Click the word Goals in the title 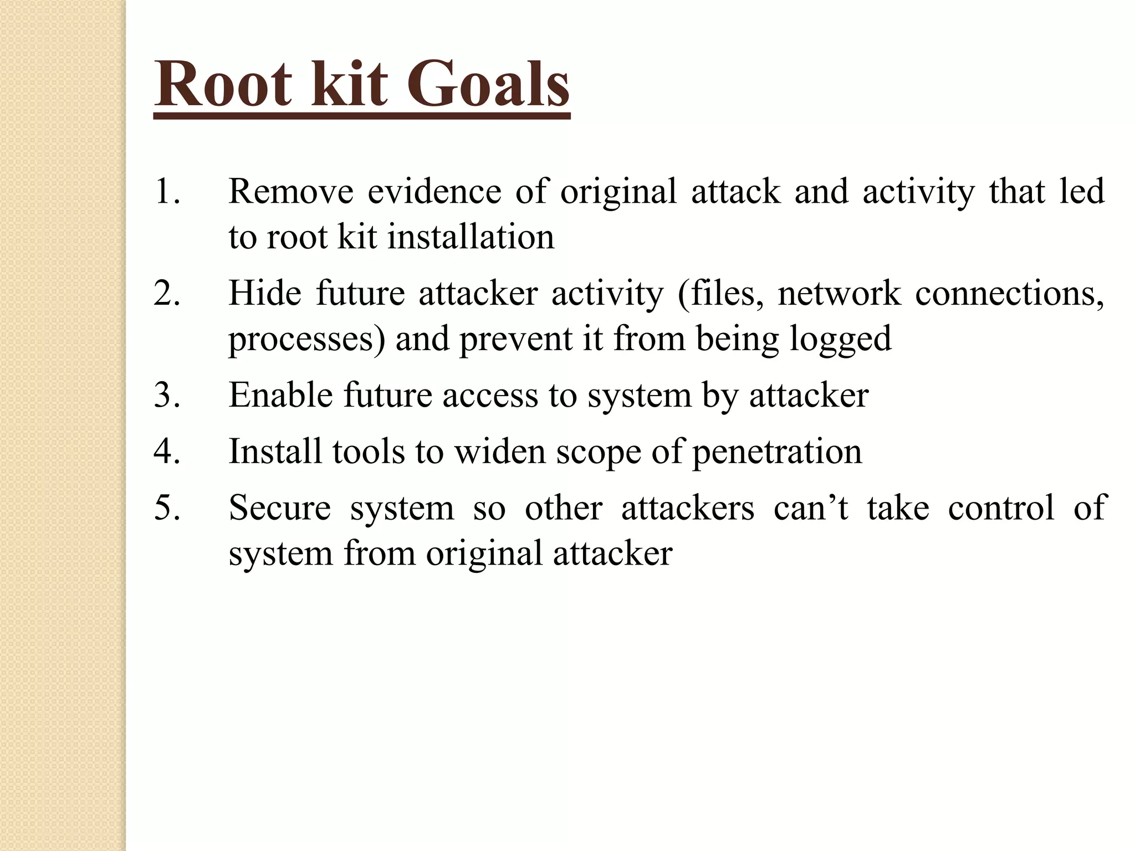tap(488, 85)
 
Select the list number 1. tap(167, 191)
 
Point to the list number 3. tap(167, 395)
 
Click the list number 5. tap(167, 507)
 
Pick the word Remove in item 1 tap(291, 191)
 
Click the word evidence tap(434, 191)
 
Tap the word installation tap(471, 237)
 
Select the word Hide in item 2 tap(264, 293)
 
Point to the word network tap(839, 293)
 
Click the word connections tap(1009, 293)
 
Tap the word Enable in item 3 tap(280, 395)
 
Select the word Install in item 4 tap(275, 451)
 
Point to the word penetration tap(777, 451)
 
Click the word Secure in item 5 tap(280, 507)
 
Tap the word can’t tap(811, 507)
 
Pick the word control tap(1001, 507)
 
